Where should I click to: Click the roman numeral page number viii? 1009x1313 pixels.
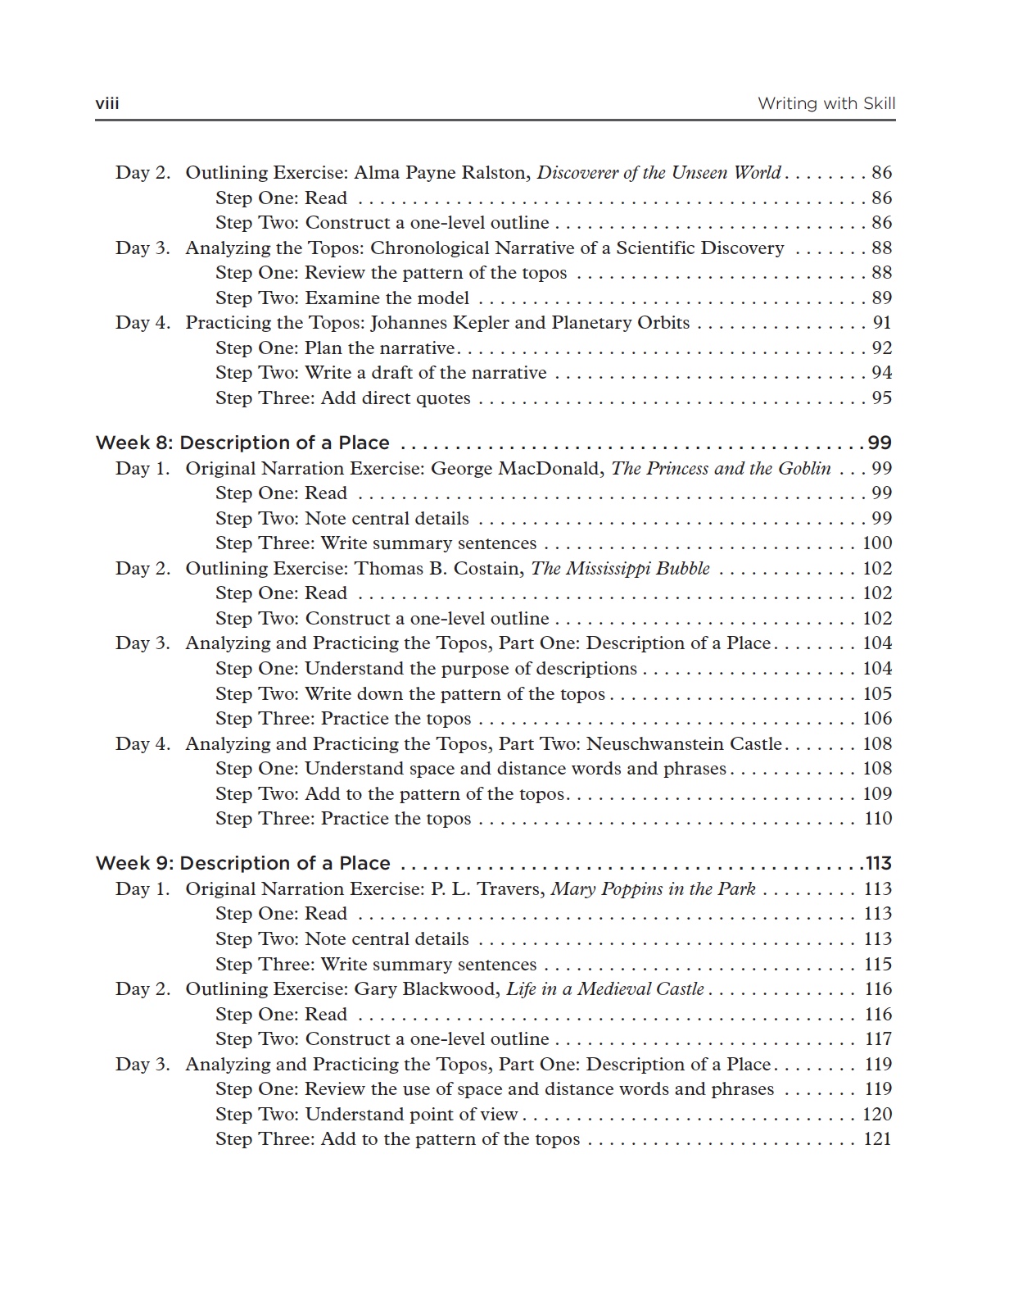(107, 103)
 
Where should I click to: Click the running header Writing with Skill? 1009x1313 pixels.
(826, 103)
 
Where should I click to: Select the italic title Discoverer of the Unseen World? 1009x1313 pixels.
(658, 173)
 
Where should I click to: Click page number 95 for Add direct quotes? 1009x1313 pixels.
(881, 398)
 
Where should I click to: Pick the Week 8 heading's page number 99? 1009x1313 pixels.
(880, 443)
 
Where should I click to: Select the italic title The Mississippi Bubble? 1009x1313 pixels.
(620, 569)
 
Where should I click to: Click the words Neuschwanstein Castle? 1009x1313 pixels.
(685, 744)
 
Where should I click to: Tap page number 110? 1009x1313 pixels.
(878, 819)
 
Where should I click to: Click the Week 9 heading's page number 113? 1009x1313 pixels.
(878, 864)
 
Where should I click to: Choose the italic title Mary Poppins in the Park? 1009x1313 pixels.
(653, 889)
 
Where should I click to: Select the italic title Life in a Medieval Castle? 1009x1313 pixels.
(604, 989)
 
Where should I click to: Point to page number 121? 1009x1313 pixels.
(877, 1139)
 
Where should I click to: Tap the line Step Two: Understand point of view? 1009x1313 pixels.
(367, 1115)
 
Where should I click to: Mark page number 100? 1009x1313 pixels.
(877, 543)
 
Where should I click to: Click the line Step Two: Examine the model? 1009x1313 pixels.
(342, 298)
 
